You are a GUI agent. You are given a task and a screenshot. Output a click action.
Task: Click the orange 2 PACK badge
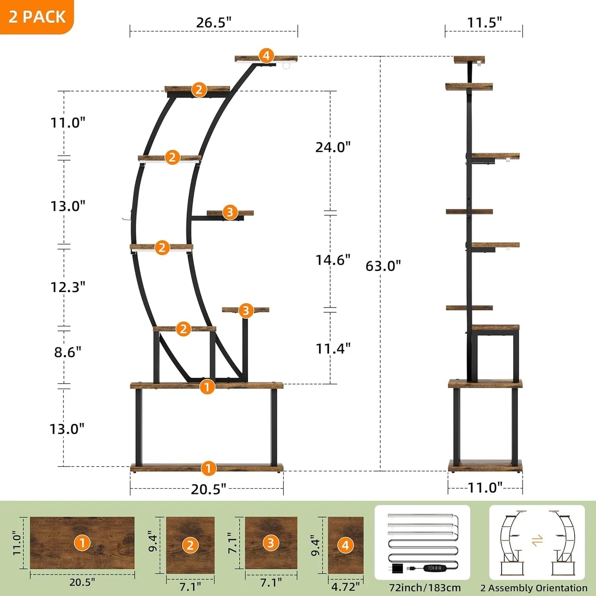37,16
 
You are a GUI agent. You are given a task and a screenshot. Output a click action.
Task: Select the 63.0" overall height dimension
383,266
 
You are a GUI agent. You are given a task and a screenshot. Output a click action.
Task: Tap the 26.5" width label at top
214,23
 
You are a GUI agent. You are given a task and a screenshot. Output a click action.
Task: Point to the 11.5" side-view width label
484,23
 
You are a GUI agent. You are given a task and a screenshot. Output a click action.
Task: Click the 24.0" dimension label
333,147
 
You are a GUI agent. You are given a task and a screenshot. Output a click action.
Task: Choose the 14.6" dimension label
333,260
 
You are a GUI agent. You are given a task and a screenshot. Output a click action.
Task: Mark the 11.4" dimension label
333,349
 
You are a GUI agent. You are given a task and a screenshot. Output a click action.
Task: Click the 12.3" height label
68,287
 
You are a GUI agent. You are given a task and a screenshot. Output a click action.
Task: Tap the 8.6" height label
68,352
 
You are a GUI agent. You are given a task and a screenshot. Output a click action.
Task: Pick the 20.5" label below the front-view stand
208,489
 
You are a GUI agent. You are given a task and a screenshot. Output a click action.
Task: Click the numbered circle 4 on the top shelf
266,55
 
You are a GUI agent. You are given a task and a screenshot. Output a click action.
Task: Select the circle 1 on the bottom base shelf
209,468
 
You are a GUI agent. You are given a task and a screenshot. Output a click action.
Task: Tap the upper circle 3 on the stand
230,212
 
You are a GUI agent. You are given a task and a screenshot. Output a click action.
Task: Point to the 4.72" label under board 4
345,586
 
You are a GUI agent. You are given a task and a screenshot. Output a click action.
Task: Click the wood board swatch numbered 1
82,543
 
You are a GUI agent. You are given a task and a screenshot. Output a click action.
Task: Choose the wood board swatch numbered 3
271,543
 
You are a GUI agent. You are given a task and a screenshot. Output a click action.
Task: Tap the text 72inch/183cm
425,588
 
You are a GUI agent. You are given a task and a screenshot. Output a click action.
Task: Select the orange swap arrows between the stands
537,540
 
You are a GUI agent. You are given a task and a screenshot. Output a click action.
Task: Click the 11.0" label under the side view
485,488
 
